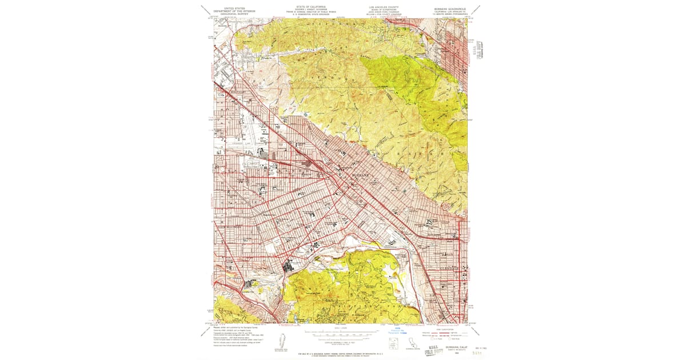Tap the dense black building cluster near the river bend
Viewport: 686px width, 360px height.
click(x=290, y=266)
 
